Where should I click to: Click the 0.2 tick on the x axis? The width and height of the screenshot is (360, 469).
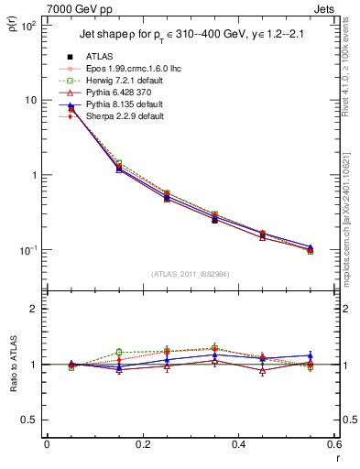click(x=142, y=445)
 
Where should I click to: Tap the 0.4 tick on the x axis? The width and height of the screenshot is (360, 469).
click(x=238, y=445)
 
